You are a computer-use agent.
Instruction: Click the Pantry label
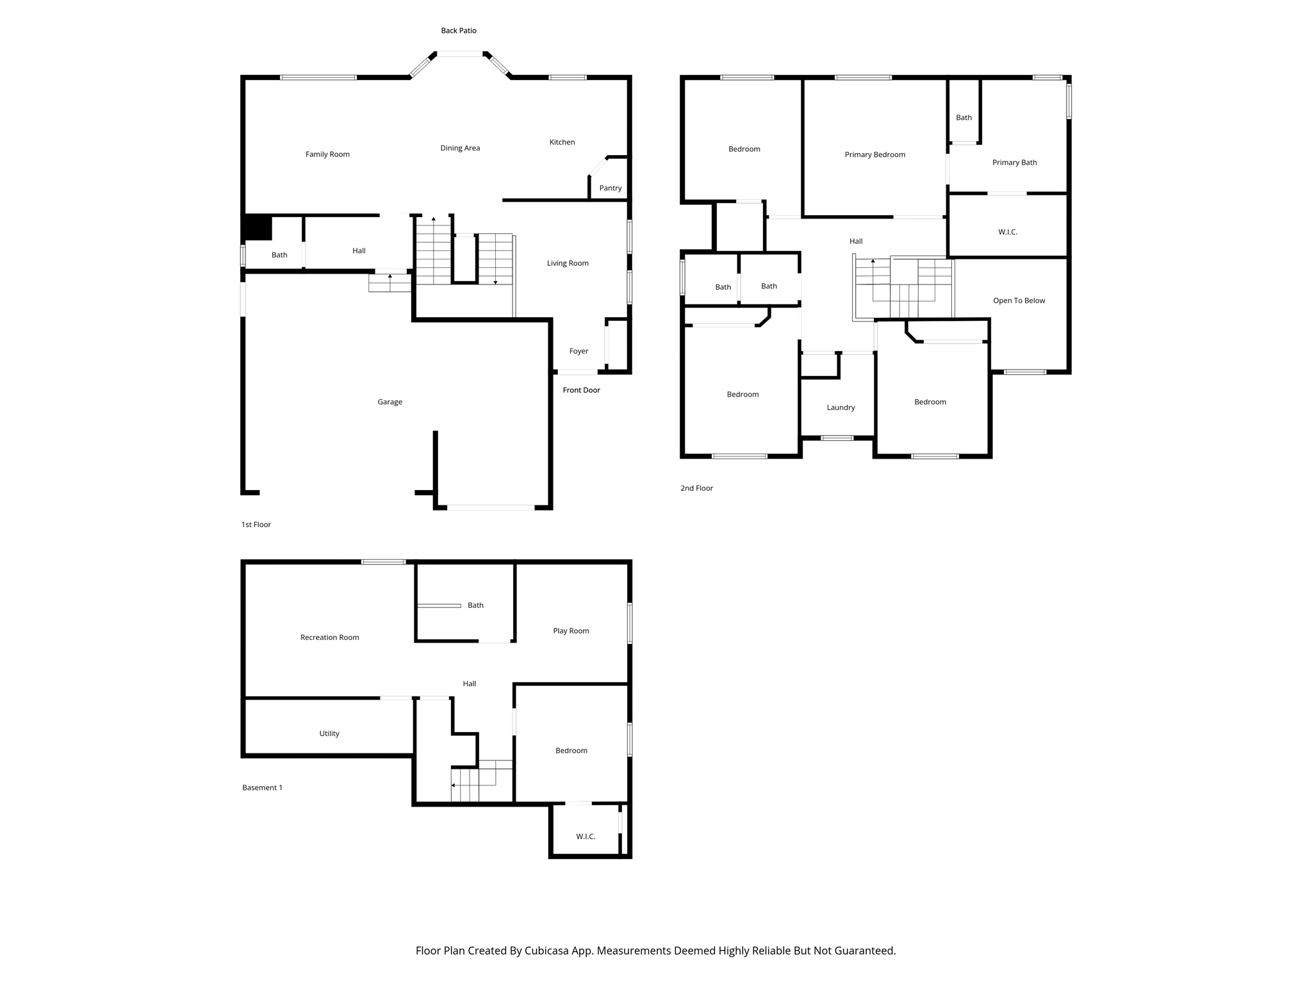click(610, 188)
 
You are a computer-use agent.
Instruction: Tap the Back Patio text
click(458, 31)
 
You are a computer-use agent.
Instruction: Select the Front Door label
click(581, 390)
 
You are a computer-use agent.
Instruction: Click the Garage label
click(389, 402)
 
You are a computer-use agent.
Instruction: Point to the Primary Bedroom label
click(874, 154)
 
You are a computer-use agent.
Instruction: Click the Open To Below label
click(1019, 300)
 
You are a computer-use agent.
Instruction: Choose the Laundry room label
click(840, 407)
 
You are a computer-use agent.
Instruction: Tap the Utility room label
click(329, 734)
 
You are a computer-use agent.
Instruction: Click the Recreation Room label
click(329, 637)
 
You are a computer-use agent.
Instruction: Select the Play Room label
click(571, 631)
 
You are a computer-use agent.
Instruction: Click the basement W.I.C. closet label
click(586, 837)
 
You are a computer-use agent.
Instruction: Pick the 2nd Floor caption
click(696, 488)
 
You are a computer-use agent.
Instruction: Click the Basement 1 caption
click(262, 788)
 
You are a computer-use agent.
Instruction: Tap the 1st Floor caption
click(256, 525)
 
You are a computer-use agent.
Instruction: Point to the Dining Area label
click(460, 148)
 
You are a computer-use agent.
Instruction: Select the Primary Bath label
click(1014, 163)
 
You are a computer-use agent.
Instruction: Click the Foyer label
click(578, 351)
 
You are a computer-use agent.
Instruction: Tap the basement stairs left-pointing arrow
click(454, 785)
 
